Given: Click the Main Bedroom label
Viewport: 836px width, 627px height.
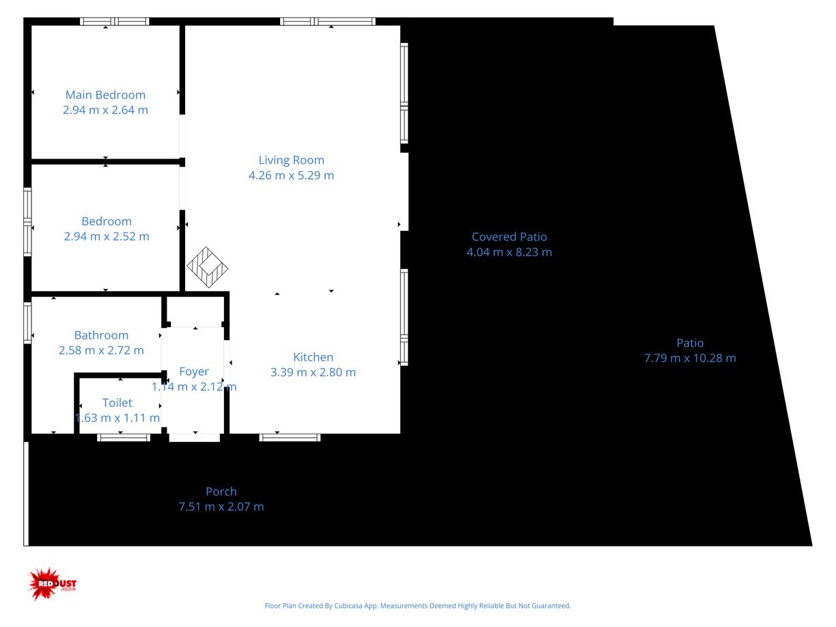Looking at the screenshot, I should (x=105, y=95).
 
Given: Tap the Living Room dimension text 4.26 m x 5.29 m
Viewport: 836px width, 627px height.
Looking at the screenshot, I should (x=291, y=176).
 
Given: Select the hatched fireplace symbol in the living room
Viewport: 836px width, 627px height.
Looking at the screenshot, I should (x=207, y=267).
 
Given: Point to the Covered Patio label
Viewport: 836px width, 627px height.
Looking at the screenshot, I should (x=509, y=237).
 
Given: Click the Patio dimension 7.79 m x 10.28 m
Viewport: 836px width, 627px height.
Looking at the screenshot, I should (x=690, y=358).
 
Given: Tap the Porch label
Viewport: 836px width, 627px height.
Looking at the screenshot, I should (x=221, y=492).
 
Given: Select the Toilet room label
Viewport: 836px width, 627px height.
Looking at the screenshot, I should (x=117, y=403).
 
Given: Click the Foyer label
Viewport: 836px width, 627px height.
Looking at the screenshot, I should (x=194, y=372).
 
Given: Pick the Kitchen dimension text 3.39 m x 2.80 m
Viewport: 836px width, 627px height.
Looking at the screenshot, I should (x=313, y=372).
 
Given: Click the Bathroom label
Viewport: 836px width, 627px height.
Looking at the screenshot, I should (x=101, y=335).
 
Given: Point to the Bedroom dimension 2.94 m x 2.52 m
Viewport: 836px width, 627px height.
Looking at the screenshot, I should (x=107, y=236).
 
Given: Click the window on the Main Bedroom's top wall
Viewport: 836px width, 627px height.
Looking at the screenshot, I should (x=114, y=21).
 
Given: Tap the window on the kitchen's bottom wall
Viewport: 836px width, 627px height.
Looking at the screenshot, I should (x=290, y=438).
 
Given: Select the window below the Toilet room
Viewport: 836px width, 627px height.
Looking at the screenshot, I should (x=123, y=438).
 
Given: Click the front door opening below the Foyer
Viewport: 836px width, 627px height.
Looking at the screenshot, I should (x=195, y=438).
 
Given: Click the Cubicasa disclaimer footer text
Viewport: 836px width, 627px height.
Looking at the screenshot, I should (x=417, y=606).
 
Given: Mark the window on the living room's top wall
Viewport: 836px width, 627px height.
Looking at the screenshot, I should (x=328, y=21).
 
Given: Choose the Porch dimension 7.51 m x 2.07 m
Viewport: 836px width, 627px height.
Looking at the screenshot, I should (x=221, y=507).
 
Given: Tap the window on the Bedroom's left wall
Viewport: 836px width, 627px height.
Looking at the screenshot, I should (x=27, y=222).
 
